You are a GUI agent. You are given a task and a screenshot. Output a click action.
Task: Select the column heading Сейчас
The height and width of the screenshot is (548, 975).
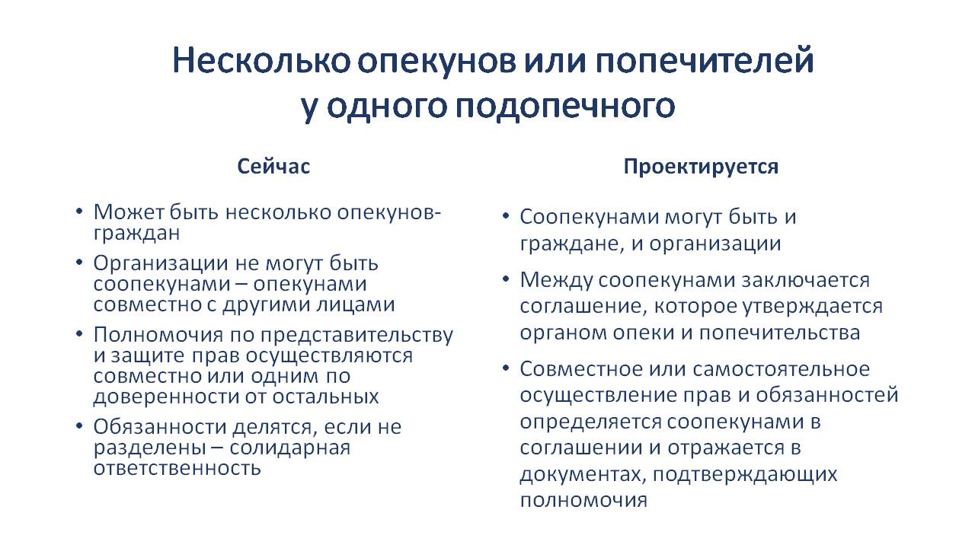tap(273, 167)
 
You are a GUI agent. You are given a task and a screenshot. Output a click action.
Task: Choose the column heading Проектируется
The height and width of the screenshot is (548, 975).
tap(701, 167)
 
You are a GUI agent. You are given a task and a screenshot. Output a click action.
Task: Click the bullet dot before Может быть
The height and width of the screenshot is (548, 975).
tap(78, 212)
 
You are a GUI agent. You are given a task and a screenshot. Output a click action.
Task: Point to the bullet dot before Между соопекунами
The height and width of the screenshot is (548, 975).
tap(505, 279)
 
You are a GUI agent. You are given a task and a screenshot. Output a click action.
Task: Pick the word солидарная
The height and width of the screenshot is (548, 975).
tap(290, 448)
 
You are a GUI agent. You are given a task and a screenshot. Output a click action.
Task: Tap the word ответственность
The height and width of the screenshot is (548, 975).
tap(177, 468)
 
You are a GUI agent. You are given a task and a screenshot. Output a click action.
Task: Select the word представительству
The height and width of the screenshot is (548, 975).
tap(357, 336)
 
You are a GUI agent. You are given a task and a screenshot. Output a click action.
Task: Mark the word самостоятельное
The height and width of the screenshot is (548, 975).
tap(782, 369)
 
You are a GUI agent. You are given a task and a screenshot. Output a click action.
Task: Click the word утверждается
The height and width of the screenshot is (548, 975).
tap(812, 307)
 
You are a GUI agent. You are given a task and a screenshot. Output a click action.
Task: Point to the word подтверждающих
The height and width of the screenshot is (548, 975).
tap(745, 474)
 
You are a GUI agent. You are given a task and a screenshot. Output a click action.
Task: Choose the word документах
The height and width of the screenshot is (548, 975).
tap(581, 474)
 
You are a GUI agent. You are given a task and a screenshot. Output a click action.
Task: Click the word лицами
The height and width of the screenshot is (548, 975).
tap(356, 304)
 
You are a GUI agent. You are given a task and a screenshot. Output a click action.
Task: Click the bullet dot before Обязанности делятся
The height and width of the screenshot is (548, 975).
tap(78, 426)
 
